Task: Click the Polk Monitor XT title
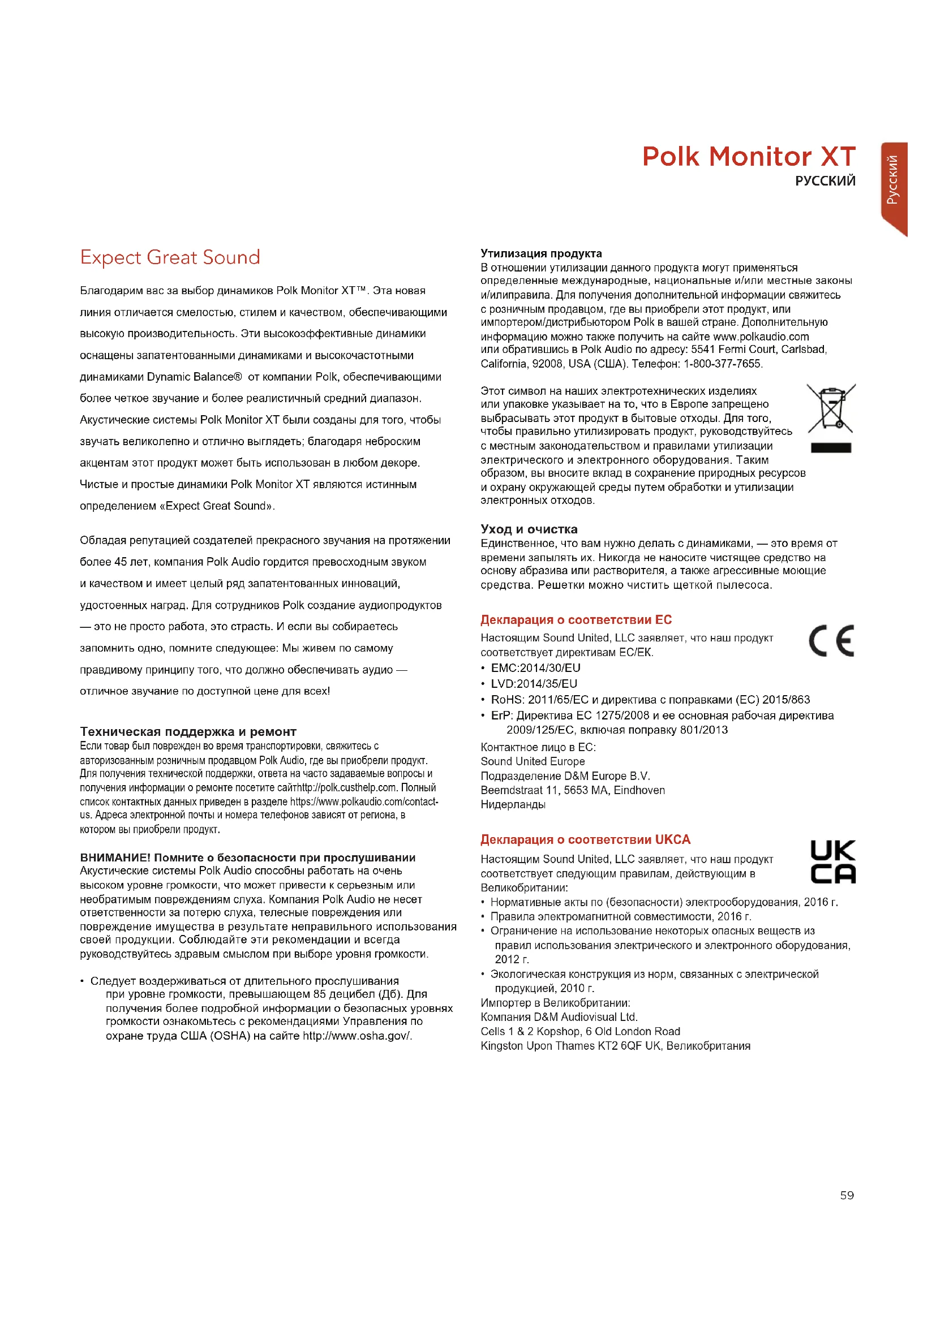(748, 157)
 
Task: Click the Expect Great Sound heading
(170, 257)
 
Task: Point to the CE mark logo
(831, 641)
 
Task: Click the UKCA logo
(832, 862)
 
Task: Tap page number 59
(847, 1196)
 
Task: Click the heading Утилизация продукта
(540, 253)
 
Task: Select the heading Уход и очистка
(529, 529)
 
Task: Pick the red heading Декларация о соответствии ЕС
(576, 620)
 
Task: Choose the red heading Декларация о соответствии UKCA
(585, 839)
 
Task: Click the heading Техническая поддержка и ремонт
(188, 732)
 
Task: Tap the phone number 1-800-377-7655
(722, 364)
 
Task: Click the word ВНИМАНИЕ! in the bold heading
(115, 857)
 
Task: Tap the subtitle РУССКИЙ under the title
(825, 181)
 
